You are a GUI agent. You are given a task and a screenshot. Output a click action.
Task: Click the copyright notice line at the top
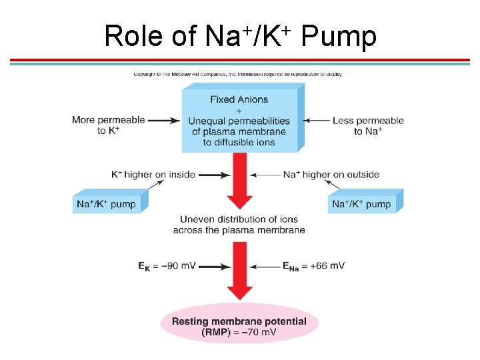[237, 74]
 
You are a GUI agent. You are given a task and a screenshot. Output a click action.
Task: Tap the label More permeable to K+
[109, 125]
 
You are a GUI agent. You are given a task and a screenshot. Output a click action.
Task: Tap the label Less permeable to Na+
[369, 126]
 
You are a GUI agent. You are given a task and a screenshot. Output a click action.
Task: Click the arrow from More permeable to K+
[164, 121]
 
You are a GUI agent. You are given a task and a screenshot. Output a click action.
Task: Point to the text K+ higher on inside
[153, 175]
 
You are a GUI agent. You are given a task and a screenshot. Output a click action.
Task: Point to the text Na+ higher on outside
[331, 175]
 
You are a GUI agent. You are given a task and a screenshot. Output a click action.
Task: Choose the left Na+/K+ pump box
[107, 203]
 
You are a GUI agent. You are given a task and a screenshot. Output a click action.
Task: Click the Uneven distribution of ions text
[239, 224]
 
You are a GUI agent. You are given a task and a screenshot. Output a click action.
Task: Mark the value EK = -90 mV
[167, 265]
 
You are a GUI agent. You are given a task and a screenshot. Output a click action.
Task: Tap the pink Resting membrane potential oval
[239, 326]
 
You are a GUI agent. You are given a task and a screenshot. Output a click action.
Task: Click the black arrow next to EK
[215, 266]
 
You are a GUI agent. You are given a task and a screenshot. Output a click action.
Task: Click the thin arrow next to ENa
[266, 266]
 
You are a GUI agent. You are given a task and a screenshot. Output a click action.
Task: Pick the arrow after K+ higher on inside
[214, 175]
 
